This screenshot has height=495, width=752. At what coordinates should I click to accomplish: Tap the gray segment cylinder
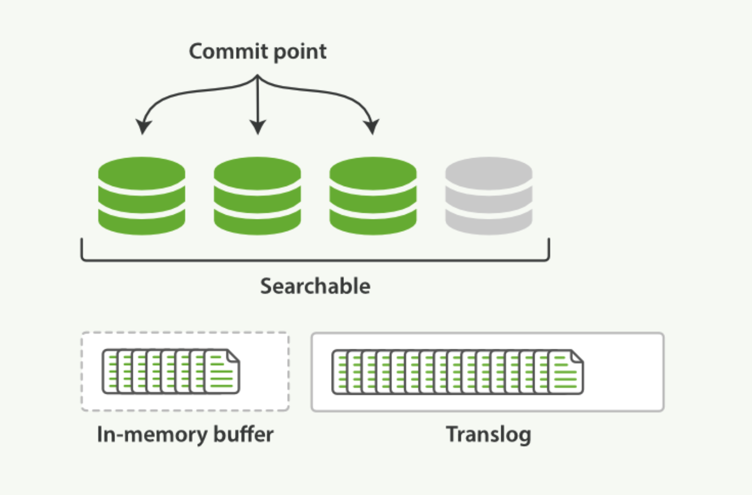click(x=488, y=196)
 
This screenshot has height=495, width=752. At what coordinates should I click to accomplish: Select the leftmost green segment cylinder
click(x=142, y=196)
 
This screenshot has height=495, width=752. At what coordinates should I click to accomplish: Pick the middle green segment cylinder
click(x=257, y=196)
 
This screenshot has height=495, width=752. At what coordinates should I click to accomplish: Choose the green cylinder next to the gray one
click(x=373, y=196)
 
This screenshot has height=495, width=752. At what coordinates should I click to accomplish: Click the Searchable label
click(x=315, y=286)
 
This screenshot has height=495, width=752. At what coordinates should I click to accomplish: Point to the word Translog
click(x=488, y=434)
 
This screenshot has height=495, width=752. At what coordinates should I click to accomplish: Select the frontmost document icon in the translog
click(x=565, y=372)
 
